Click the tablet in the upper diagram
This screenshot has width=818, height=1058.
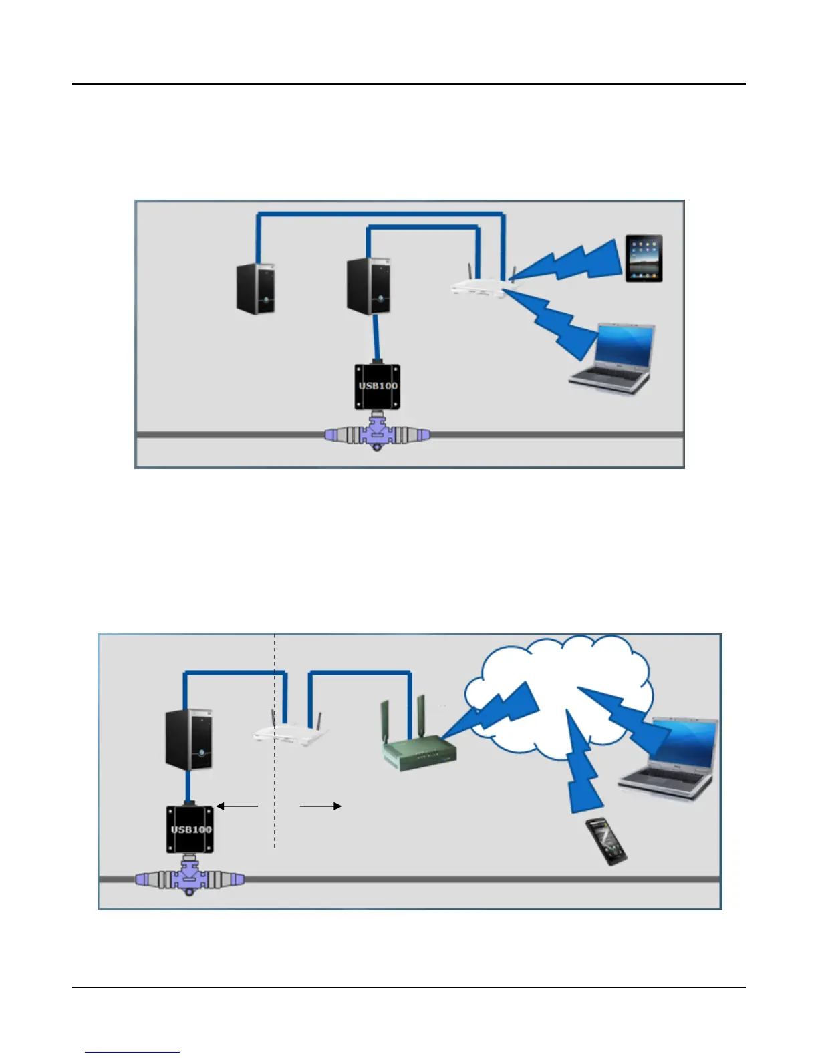click(644, 258)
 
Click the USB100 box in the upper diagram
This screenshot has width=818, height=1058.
click(378, 387)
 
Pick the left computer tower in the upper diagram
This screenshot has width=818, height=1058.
click(257, 288)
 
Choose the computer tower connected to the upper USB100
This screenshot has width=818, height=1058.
click(369, 287)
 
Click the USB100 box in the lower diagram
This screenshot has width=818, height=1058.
click(190, 829)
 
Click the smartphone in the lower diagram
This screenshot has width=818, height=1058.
click(606, 841)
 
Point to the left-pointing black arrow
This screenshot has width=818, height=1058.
click(237, 806)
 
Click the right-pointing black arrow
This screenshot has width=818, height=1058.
click(321, 806)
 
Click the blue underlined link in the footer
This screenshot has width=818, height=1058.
click(132, 1051)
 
